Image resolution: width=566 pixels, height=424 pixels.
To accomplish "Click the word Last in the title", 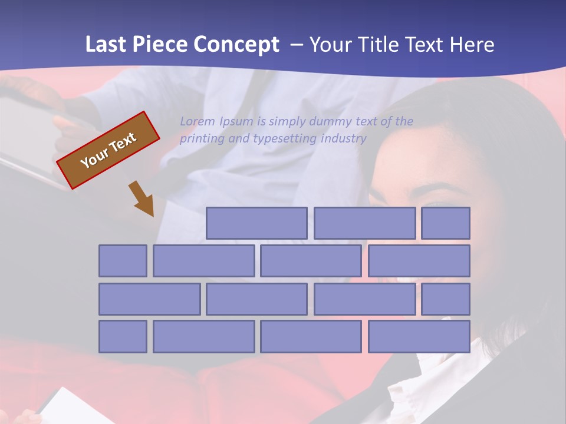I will pyautogui.click(x=106, y=45).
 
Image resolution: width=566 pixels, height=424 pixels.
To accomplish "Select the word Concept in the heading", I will pyautogui.click(x=236, y=45).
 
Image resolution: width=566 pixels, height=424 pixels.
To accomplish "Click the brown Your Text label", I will pyautogui.click(x=108, y=150).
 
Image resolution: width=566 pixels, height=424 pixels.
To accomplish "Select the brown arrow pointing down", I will pyautogui.click(x=142, y=198).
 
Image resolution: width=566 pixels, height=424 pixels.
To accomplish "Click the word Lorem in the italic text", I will pyautogui.click(x=198, y=122).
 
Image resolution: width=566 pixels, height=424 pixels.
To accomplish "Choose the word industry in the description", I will pyautogui.click(x=344, y=139).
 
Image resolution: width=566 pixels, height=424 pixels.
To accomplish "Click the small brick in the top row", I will pyautogui.click(x=446, y=223).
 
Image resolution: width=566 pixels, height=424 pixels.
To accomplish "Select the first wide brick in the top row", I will pyautogui.click(x=256, y=223).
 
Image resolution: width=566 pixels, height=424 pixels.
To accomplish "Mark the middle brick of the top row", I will pyautogui.click(x=364, y=223).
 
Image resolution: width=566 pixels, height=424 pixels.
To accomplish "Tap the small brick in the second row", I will pyautogui.click(x=123, y=261).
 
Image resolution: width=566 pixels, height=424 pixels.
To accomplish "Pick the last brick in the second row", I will pyautogui.click(x=419, y=261).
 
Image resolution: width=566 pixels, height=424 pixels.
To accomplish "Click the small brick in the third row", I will pyautogui.click(x=446, y=299).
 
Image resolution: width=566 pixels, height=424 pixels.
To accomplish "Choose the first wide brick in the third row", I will pyautogui.click(x=149, y=299).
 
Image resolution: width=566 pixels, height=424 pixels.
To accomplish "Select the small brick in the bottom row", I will pyautogui.click(x=123, y=337).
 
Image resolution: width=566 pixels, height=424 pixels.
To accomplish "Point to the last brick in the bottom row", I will pyautogui.click(x=419, y=337).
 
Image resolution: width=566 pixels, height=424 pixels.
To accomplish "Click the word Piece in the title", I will pyautogui.click(x=163, y=45).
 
